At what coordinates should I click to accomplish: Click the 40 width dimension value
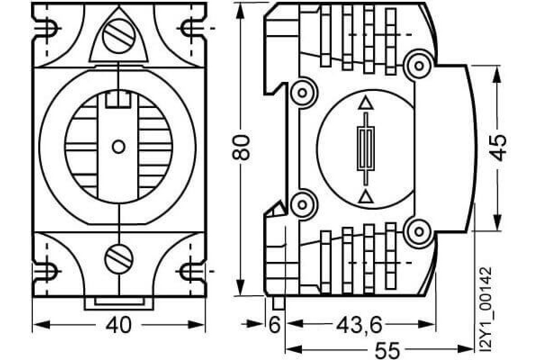coord(119,324)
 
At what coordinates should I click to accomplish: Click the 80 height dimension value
coord(240,147)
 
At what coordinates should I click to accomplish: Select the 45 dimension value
coord(499,148)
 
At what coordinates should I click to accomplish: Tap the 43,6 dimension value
coord(359,324)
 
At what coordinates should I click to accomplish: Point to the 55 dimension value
coord(387,350)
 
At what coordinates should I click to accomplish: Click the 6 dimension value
coord(274,324)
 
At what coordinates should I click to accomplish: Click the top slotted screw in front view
coord(118,36)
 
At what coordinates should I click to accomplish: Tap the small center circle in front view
coord(119,147)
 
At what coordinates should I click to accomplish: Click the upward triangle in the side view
coord(366,103)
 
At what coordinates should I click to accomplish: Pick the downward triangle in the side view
coord(366,196)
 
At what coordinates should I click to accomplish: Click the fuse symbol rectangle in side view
coord(366,148)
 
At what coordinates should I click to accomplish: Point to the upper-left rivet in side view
coord(302,93)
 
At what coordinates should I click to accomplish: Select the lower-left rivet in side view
coord(302,205)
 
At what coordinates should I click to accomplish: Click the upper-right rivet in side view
coord(419,66)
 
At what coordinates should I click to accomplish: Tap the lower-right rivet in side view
coord(419,232)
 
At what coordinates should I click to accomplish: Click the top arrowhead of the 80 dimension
coord(239,11)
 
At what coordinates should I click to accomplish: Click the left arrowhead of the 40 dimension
coord(41,324)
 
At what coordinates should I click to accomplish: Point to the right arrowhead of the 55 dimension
coord(465,349)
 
